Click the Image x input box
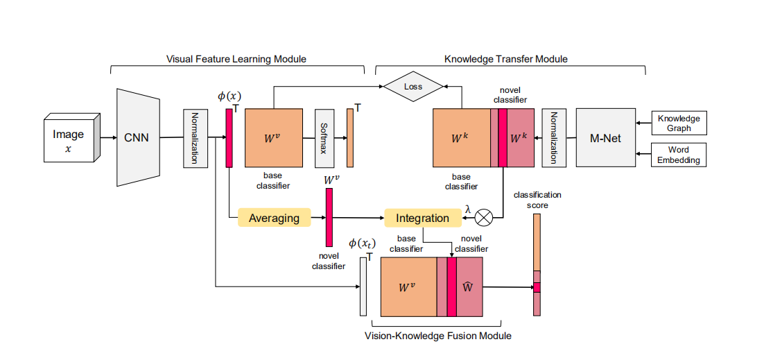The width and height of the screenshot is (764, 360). pyautogui.click(x=69, y=140)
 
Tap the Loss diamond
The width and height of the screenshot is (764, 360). pyautogui.click(x=413, y=87)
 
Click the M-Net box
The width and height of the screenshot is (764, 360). pyautogui.click(x=606, y=137)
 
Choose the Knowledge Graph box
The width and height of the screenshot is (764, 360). pyautogui.click(x=679, y=123)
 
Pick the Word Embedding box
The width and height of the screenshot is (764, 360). pyautogui.click(x=679, y=155)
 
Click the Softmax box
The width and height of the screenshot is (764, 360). pyautogui.click(x=325, y=138)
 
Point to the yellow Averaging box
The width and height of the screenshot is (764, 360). pyautogui.click(x=274, y=218)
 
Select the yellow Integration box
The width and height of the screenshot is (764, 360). pyautogui.click(x=422, y=218)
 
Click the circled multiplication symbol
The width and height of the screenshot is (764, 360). pyautogui.click(x=483, y=218)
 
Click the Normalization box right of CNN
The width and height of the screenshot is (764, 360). pyautogui.click(x=196, y=138)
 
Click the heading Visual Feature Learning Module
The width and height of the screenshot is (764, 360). pyautogui.click(x=236, y=59)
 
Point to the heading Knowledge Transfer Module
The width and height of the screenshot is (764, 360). pyautogui.click(x=505, y=59)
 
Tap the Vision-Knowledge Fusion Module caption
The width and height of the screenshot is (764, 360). pyautogui.click(x=437, y=336)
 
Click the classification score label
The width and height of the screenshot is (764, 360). pyautogui.click(x=537, y=200)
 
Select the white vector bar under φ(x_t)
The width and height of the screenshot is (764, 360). pyautogui.click(x=363, y=286)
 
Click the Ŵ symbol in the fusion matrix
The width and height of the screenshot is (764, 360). pyautogui.click(x=469, y=286)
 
